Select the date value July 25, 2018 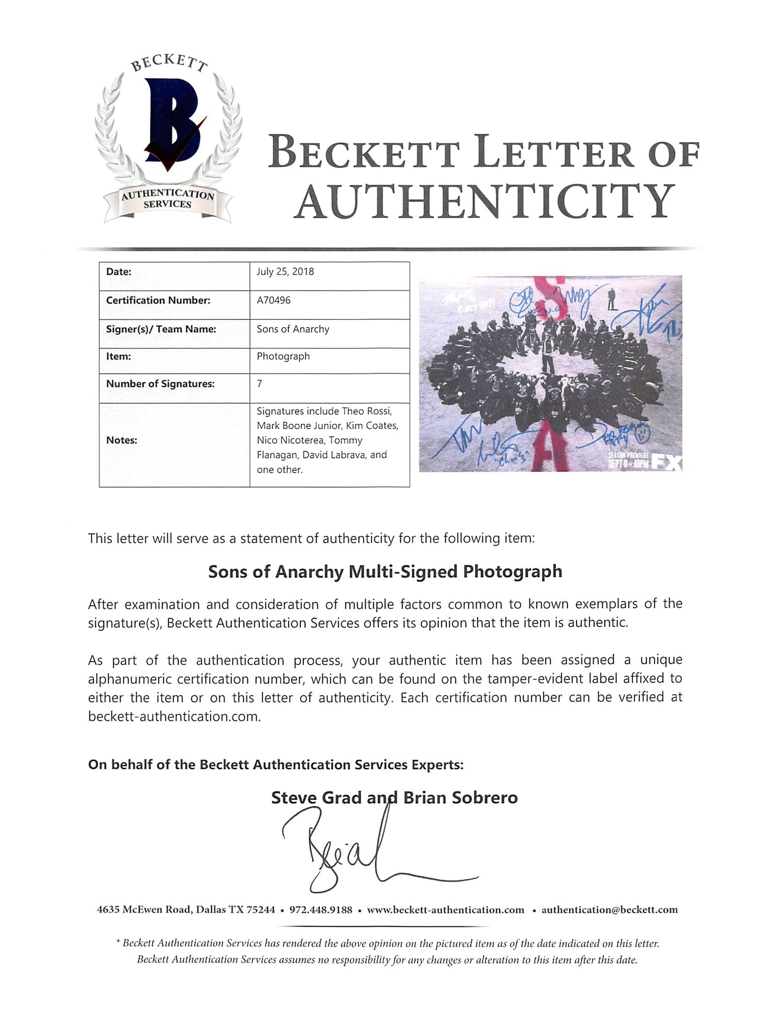pyautogui.click(x=285, y=272)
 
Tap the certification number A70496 pyautogui.click(x=273, y=300)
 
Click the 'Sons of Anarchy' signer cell pyautogui.click(x=293, y=329)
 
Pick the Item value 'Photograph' pyautogui.click(x=283, y=356)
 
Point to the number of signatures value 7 pyautogui.click(x=259, y=384)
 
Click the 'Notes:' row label pyautogui.click(x=121, y=440)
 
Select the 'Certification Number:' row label pyautogui.click(x=158, y=300)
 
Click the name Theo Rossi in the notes pyautogui.click(x=367, y=411)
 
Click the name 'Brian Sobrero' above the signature pyautogui.click(x=460, y=798)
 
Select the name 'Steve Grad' pyautogui.click(x=316, y=798)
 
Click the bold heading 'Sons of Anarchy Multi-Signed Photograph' pyautogui.click(x=385, y=572)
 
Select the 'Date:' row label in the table pyautogui.click(x=119, y=272)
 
